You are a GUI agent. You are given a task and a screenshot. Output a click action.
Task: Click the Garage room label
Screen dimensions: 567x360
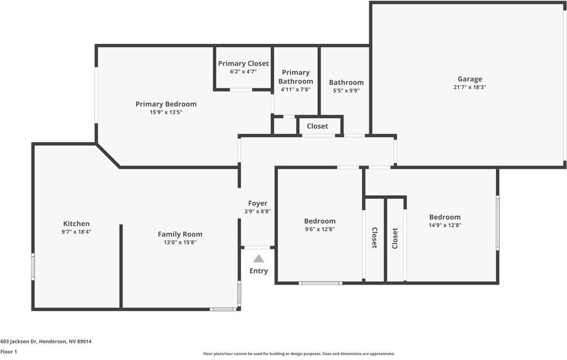pyautogui.click(x=470, y=79)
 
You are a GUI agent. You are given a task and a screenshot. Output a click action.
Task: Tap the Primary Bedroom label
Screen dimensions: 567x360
pyautogui.click(x=166, y=104)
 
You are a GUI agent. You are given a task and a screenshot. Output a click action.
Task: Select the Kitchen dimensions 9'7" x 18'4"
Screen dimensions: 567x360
pyautogui.click(x=77, y=232)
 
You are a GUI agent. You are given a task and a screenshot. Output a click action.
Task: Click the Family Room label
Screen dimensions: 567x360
pyautogui.click(x=180, y=234)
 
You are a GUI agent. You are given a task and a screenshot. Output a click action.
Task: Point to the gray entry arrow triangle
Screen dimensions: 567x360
pyautogui.click(x=259, y=259)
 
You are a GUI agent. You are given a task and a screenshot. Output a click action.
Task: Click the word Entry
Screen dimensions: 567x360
pyautogui.click(x=259, y=270)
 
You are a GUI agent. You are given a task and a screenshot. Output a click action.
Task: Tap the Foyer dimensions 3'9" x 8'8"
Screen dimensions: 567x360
pyautogui.click(x=258, y=211)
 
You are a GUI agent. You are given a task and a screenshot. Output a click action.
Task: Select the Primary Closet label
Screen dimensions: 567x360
pyautogui.click(x=243, y=64)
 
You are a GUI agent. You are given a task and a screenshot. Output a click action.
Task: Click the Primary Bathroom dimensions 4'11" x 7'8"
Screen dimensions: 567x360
pyautogui.click(x=296, y=90)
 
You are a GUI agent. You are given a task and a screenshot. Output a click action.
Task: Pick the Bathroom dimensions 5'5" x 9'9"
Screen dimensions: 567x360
pyautogui.click(x=346, y=91)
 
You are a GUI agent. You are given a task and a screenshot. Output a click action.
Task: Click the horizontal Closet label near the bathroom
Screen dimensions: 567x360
pyautogui.click(x=317, y=126)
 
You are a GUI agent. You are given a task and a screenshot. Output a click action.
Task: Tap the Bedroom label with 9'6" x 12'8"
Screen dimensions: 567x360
pyautogui.click(x=320, y=221)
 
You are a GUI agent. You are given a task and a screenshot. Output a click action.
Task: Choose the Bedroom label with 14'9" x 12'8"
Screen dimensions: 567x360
pyautogui.click(x=445, y=217)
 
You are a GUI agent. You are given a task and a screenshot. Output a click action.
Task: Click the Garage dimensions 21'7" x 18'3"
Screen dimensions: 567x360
pyautogui.click(x=470, y=87)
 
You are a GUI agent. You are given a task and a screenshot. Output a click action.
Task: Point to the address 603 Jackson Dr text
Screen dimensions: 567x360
pyautogui.click(x=46, y=341)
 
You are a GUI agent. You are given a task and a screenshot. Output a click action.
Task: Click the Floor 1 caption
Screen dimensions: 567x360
pyautogui.click(x=9, y=352)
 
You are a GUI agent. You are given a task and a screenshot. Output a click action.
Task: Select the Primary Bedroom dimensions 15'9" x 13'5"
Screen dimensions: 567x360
pyautogui.click(x=166, y=112)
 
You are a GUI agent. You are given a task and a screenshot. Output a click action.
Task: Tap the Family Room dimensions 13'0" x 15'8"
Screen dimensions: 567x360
pyautogui.click(x=180, y=243)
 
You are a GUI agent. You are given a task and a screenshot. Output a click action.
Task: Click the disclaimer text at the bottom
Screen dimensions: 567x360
pyautogui.click(x=299, y=354)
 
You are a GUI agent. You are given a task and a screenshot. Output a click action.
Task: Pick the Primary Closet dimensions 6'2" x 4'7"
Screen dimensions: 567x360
pyautogui.click(x=243, y=72)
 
